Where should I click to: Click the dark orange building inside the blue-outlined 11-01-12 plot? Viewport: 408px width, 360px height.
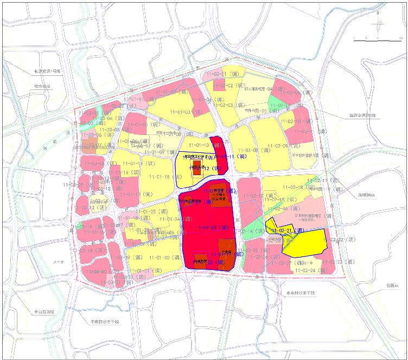click(x=196, y=164)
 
